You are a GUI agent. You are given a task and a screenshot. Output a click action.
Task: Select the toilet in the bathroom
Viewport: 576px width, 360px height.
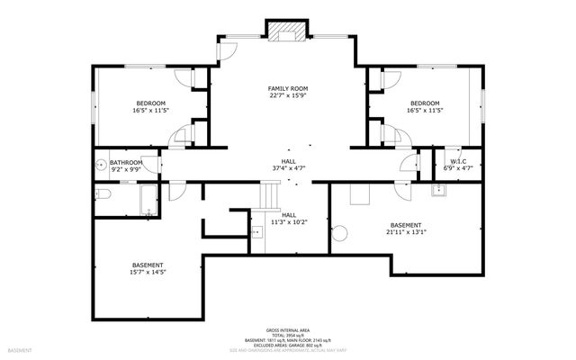click(x=102, y=194)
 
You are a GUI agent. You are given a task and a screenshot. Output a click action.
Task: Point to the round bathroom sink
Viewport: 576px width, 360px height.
click(x=101, y=166)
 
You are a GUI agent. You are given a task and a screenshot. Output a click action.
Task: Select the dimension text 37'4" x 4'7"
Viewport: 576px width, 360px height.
click(x=288, y=167)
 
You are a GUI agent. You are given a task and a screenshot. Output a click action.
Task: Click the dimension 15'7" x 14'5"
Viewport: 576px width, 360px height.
click(x=148, y=272)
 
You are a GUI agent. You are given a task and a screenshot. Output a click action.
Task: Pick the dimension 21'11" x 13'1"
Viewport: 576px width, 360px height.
click(x=405, y=231)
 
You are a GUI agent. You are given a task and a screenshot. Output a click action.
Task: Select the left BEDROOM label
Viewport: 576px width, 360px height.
click(x=150, y=103)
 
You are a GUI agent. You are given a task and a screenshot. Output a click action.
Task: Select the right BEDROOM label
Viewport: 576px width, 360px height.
click(x=425, y=103)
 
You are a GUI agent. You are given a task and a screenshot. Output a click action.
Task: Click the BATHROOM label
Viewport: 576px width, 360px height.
click(x=127, y=162)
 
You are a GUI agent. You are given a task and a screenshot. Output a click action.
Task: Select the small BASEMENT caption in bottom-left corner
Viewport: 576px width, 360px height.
click(x=19, y=349)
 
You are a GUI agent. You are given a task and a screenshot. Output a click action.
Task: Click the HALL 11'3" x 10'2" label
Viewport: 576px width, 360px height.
click(x=289, y=219)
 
